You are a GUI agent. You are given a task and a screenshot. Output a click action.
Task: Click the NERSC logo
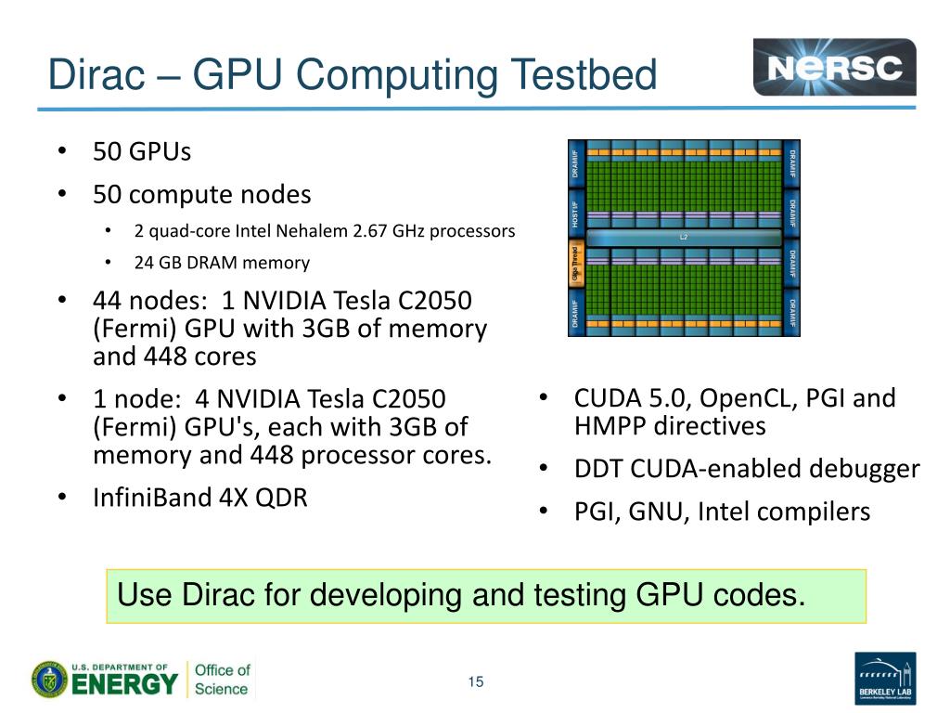point(834,67)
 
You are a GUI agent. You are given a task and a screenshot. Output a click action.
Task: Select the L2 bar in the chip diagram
point(684,238)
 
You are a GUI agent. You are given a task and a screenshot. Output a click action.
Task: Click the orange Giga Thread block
point(576,264)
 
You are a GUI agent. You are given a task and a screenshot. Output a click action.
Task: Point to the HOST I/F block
point(576,214)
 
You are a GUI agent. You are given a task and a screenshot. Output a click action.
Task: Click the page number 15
point(476,683)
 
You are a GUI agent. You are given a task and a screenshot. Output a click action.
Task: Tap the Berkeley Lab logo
point(884,679)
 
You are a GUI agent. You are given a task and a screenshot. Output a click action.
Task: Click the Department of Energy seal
point(48,680)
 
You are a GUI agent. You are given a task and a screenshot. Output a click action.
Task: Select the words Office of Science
point(221,680)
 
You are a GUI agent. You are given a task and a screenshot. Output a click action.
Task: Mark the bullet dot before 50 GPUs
point(61,151)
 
